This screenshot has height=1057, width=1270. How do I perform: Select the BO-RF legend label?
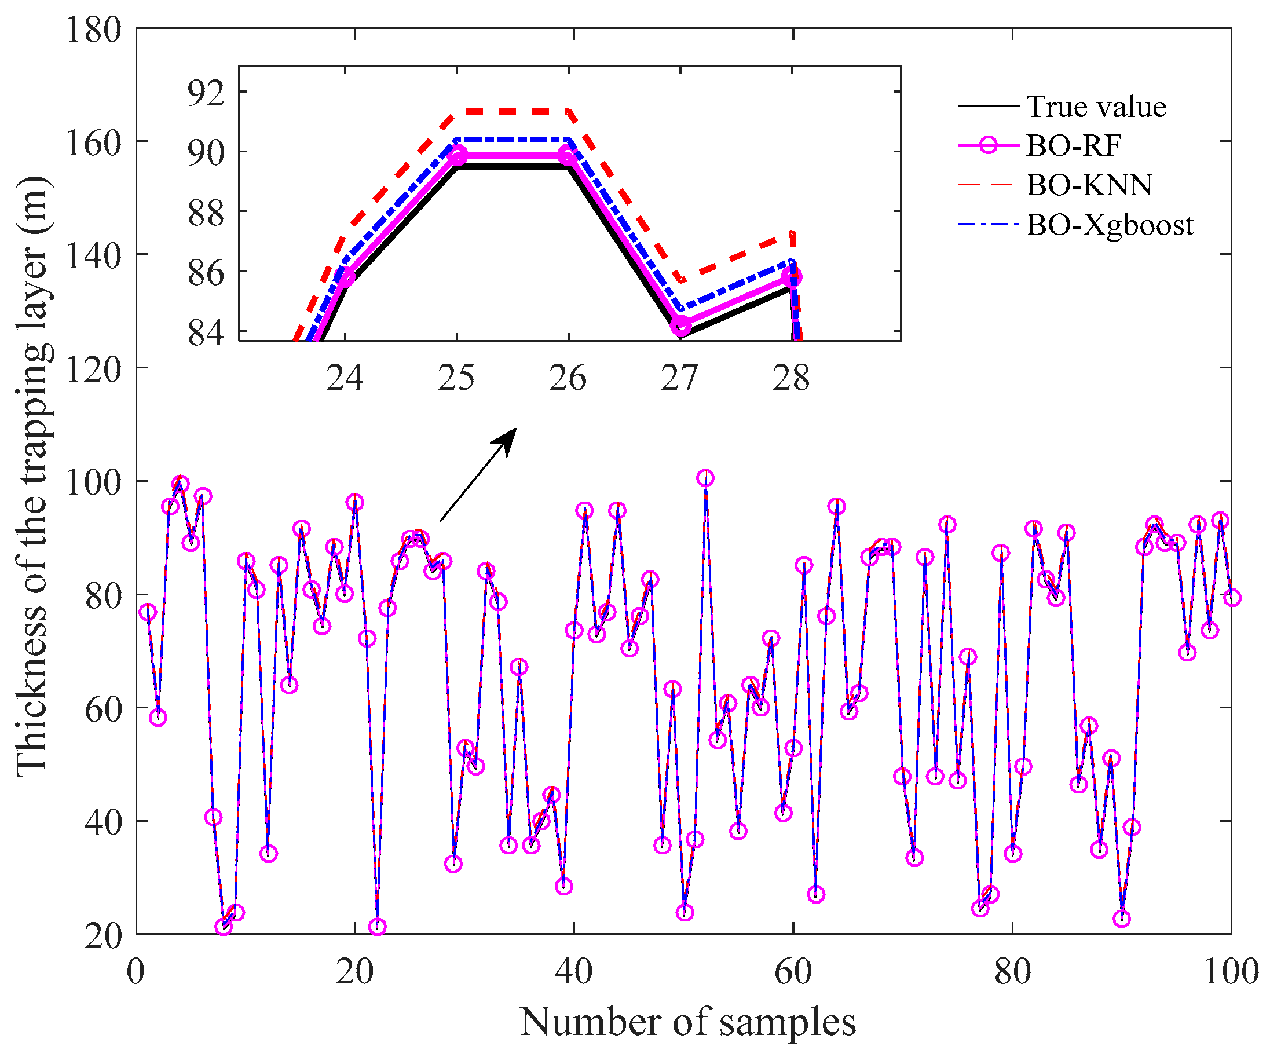pyautogui.click(x=1074, y=145)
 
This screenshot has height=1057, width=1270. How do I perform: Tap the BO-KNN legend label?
pyautogui.click(x=1089, y=185)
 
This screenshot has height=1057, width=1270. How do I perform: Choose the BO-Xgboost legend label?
pyautogui.click(x=1109, y=225)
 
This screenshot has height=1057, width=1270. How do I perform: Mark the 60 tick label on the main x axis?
pyautogui.click(x=792, y=972)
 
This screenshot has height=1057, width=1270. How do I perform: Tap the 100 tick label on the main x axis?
pyautogui.click(x=1231, y=972)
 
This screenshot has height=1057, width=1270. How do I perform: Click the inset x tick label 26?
pyautogui.click(x=568, y=379)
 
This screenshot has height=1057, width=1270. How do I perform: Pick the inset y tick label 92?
pyautogui.click(x=206, y=93)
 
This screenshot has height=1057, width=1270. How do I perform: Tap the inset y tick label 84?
pyautogui.click(x=206, y=333)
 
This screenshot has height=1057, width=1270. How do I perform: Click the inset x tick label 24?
pyautogui.click(x=344, y=379)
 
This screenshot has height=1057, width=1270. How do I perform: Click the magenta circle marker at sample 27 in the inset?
pyautogui.click(x=681, y=326)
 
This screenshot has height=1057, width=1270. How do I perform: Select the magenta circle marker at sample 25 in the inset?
pyautogui.click(x=458, y=155)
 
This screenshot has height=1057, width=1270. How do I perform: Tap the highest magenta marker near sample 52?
pyautogui.click(x=705, y=478)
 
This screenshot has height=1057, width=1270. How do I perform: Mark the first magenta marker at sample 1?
pyautogui.click(x=147, y=612)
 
